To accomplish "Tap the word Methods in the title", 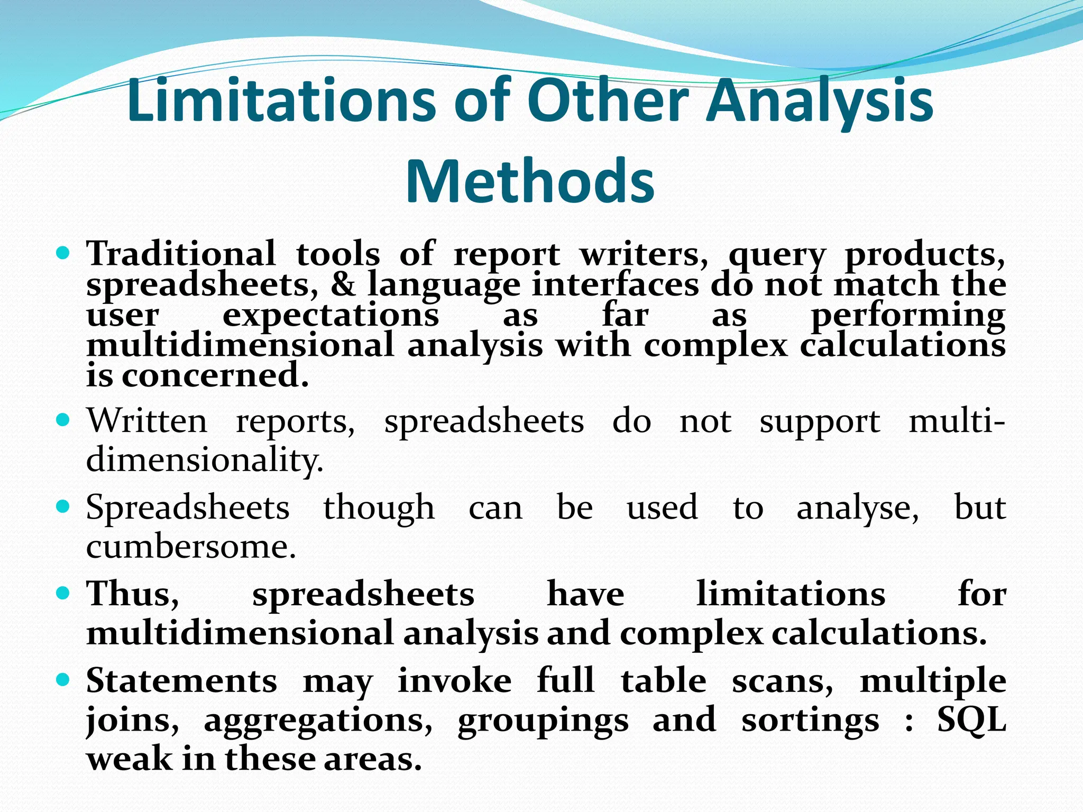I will click(x=530, y=181).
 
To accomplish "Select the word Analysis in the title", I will click(x=820, y=100).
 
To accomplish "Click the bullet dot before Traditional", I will click(x=63, y=254).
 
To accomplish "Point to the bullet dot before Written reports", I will click(x=63, y=421).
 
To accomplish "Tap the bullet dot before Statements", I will click(x=63, y=680).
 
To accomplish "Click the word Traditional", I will click(x=181, y=253).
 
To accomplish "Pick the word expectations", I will click(x=331, y=316).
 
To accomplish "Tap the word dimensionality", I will click(x=204, y=460).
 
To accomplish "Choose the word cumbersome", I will click(x=190, y=546).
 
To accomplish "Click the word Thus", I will click(x=133, y=594).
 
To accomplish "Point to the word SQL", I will click(x=971, y=719).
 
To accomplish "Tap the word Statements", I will click(x=181, y=680).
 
